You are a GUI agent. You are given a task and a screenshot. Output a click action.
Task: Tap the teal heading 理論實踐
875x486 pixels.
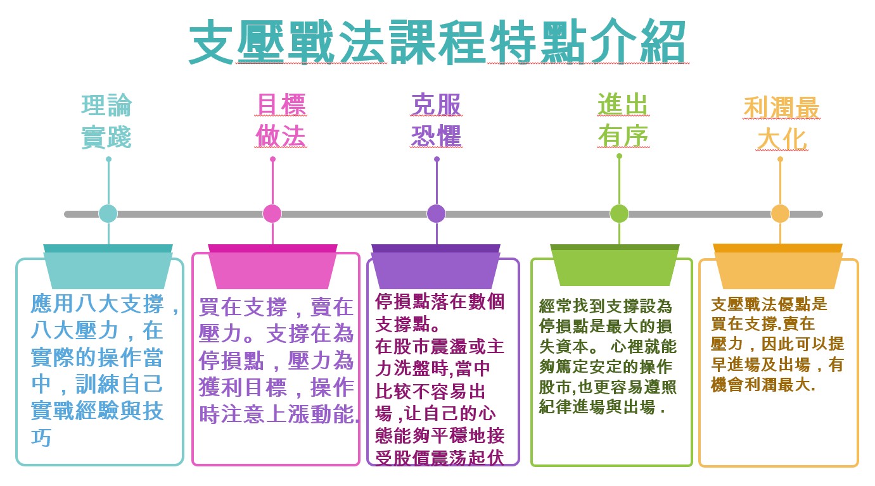coord(106,121)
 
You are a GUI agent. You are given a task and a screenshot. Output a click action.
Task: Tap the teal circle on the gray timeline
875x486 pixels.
coord(108,214)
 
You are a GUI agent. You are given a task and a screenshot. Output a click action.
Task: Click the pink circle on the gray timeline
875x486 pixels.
coord(272,214)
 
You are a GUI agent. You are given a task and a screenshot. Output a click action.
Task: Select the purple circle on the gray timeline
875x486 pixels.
coord(437,214)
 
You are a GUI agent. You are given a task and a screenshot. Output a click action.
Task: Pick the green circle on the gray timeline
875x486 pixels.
coord(619,214)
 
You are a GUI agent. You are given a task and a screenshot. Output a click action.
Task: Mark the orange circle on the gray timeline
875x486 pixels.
coord(780,214)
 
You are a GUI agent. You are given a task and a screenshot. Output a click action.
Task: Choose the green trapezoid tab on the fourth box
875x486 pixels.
coord(615,266)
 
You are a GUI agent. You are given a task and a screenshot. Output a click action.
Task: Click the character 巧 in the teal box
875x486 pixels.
coord(41,437)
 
